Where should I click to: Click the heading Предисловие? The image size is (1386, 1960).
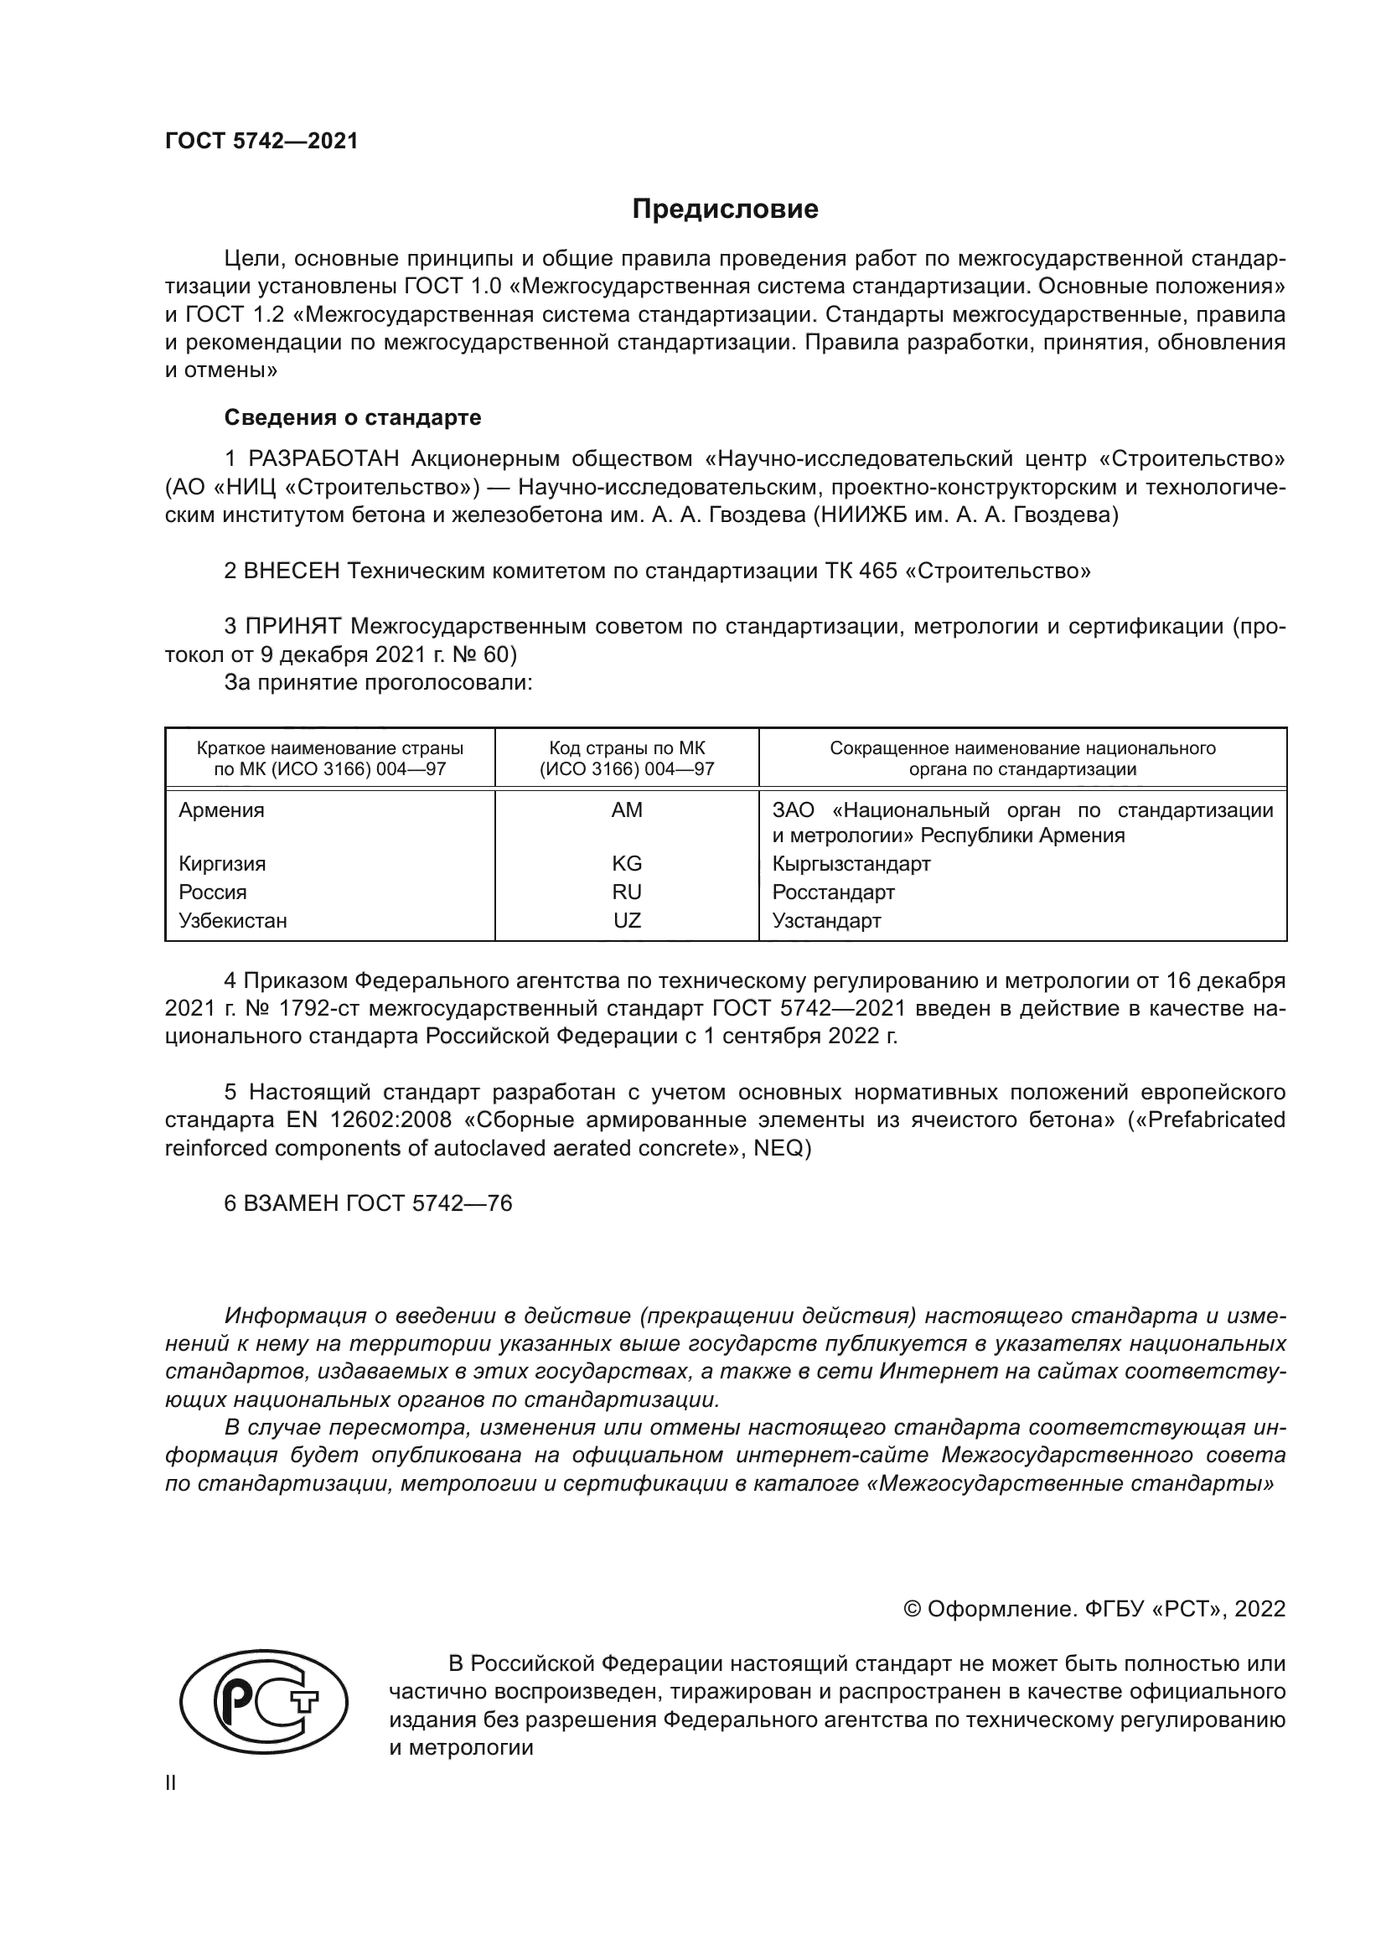coord(725,209)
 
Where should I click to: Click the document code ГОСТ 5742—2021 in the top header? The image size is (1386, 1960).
coord(261,142)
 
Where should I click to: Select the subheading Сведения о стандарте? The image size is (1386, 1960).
coord(353,417)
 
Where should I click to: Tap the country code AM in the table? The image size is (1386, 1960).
coord(627,810)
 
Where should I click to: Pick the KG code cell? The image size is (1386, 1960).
coord(627,863)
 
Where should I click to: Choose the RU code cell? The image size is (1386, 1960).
coord(627,892)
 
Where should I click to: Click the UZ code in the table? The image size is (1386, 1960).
coord(627,920)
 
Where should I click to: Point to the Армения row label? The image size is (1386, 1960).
coord(221,810)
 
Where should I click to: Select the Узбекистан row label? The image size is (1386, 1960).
coord(232,920)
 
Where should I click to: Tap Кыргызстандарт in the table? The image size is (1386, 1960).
coord(851,863)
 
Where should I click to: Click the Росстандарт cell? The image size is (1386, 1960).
coord(833,892)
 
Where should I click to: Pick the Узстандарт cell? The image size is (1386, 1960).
coord(826,920)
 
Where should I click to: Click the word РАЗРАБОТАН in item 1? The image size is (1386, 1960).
coord(323,459)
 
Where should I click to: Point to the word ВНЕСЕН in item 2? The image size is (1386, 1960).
coord(292,571)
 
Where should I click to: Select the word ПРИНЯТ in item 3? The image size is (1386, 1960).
coord(293,627)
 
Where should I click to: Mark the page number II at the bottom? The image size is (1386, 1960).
coord(171,1782)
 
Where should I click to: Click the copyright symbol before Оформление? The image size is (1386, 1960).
coord(912,1609)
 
